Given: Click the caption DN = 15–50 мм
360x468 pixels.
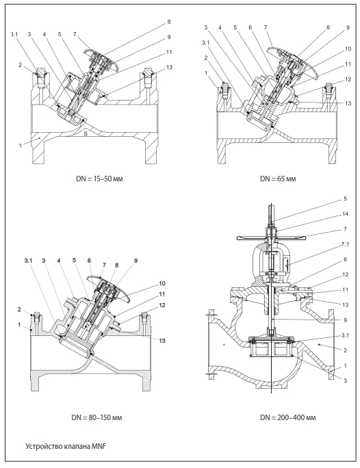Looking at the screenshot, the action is [99, 179].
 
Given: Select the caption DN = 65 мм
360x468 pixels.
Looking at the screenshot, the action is [278, 179].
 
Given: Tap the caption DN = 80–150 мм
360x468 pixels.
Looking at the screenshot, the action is [97, 417].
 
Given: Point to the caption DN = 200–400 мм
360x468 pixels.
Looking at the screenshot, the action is [287, 417].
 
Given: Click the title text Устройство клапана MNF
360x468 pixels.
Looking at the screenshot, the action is [66, 447].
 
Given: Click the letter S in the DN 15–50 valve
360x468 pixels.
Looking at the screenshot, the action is [86, 133].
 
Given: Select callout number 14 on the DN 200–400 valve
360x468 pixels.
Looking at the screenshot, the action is [346, 213].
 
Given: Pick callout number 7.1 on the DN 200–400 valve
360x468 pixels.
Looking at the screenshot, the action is [346, 244].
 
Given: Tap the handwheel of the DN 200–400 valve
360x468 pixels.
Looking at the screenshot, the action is [272, 238].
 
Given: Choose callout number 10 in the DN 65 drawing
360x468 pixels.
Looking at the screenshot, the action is [348, 49].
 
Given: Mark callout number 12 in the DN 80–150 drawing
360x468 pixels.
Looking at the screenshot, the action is [162, 305].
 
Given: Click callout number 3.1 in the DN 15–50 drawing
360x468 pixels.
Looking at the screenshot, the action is [14, 34].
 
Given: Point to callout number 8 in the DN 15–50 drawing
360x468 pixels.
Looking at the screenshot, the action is [169, 22].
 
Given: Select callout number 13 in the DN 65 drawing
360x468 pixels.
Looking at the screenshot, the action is [348, 103].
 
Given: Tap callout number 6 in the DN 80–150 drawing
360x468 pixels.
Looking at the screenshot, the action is [89, 261].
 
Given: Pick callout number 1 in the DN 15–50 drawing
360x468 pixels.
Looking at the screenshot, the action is [21, 146].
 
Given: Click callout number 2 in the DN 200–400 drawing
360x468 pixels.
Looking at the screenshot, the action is [346, 350].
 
